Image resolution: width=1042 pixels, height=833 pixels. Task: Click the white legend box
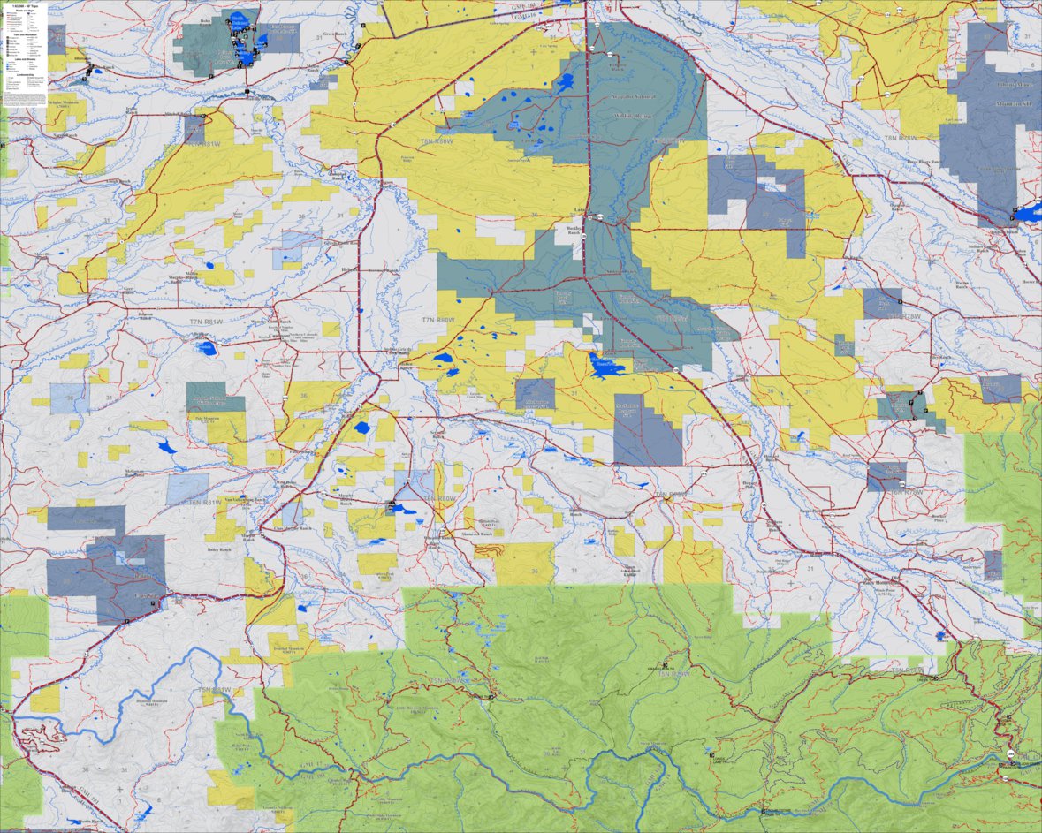pyautogui.click(x=26, y=55)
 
